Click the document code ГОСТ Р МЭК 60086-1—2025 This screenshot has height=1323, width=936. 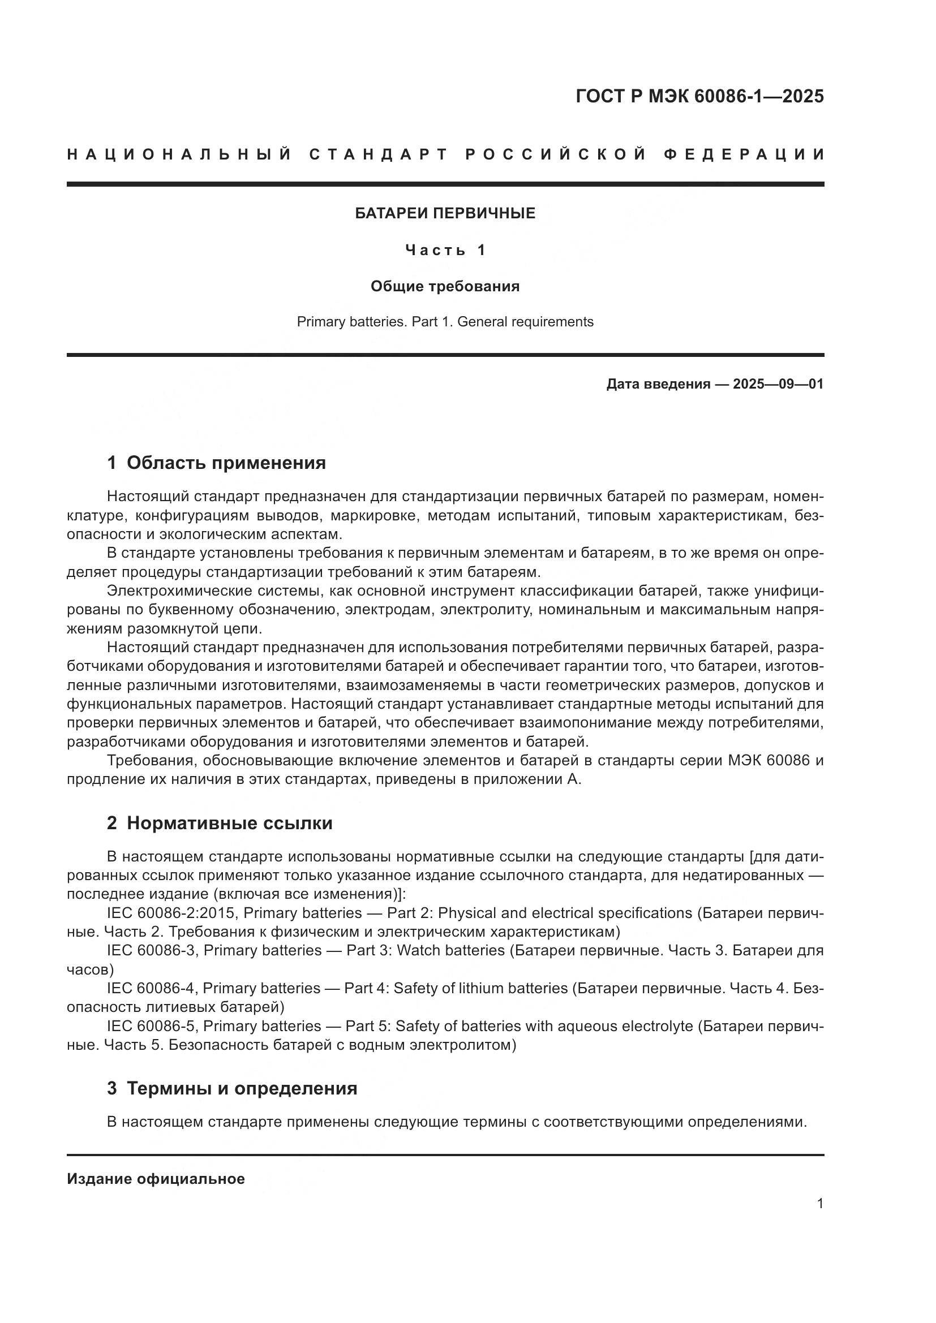click(x=699, y=96)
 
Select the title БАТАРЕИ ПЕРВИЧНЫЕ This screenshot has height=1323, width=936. click(x=444, y=213)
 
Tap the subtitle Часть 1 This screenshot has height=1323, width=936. click(x=445, y=250)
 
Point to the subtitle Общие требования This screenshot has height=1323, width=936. click(x=444, y=286)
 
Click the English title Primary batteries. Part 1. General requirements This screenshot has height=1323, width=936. click(x=444, y=321)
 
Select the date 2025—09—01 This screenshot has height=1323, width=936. click(x=778, y=383)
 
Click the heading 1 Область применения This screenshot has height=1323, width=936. click(x=216, y=463)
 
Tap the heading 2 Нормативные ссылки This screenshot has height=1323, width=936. click(x=220, y=824)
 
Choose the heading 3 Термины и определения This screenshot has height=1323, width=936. click(x=231, y=1088)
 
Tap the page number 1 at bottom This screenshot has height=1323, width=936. click(x=819, y=1204)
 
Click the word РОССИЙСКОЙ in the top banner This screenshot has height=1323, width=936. click(x=556, y=154)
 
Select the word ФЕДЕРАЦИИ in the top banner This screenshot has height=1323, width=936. click(x=744, y=154)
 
